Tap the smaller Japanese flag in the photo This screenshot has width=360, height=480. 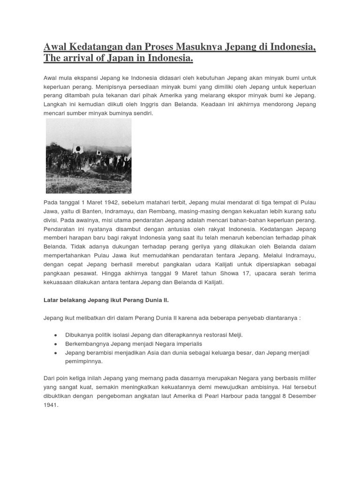click(99, 152)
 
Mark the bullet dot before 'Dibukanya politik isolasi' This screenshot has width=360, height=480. click(56, 335)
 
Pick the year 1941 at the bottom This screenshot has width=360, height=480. click(51, 405)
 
